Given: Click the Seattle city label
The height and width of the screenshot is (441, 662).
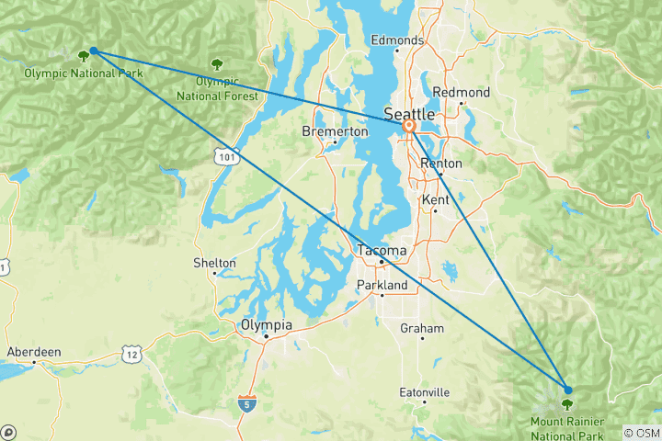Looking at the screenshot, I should point(409,114).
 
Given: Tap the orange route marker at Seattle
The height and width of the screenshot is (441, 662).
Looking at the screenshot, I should point(409,128).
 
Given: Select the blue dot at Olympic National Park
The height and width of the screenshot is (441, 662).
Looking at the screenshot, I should point(94,51).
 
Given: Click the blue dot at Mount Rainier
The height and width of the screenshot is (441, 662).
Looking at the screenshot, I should point(567,390).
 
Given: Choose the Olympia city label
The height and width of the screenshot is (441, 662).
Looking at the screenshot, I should point(266,325).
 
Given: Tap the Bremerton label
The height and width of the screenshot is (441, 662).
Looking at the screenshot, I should point(335,131).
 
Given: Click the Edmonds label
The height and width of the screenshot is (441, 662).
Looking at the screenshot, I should point(396,40).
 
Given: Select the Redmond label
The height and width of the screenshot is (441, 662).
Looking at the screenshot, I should point(461,93).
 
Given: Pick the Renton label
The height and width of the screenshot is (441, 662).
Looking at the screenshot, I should point(440,164).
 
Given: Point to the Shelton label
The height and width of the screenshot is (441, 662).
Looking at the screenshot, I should point(214,263).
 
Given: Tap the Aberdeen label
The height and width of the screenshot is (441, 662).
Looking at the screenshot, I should point(34,352).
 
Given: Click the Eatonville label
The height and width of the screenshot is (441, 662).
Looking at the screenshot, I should point(424,392).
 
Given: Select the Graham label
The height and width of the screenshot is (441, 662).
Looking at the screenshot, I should point(422,328).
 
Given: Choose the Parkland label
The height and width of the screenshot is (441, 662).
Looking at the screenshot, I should point(382,286).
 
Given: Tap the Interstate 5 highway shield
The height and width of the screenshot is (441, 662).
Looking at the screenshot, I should point(245,402).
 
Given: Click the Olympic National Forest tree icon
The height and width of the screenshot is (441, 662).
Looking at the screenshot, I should point(217,64).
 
